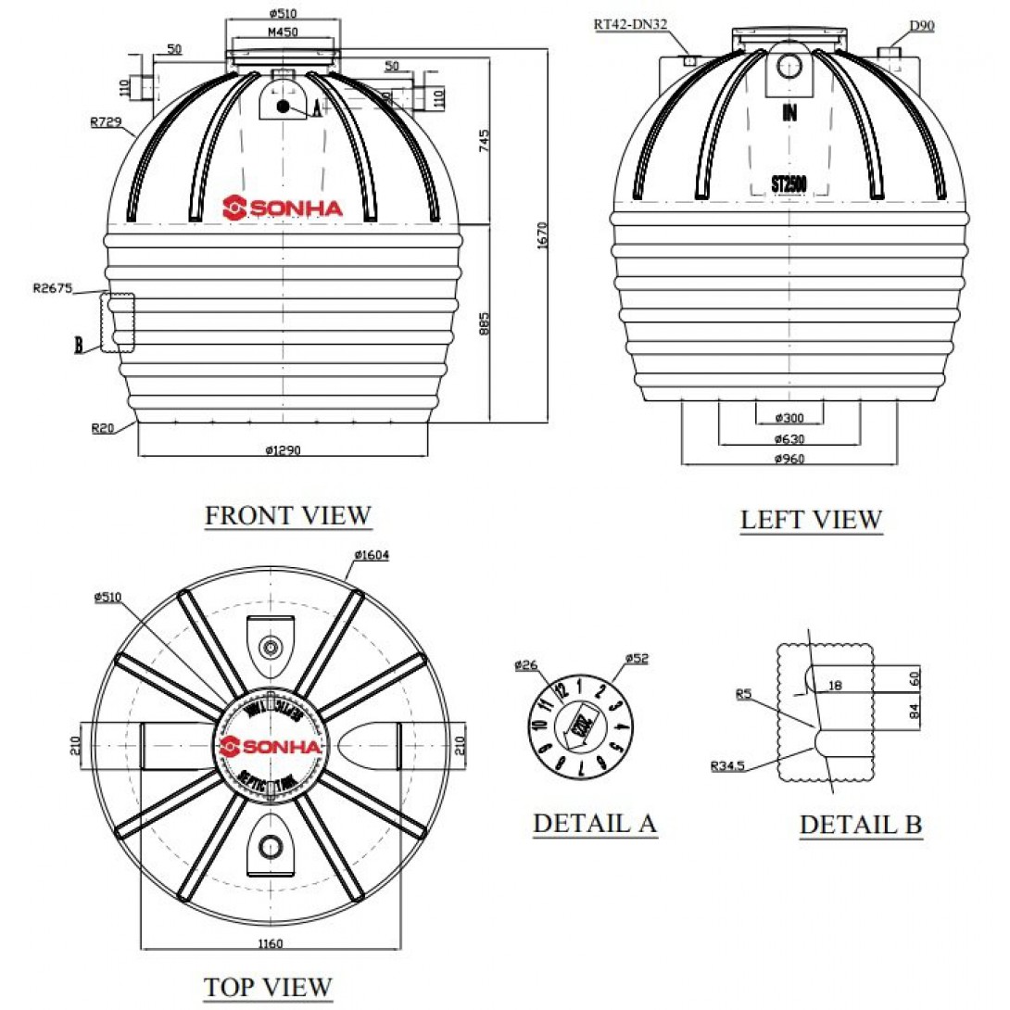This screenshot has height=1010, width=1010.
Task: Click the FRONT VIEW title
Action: click(x=287, y=515)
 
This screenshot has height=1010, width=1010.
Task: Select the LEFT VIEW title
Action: click(x=811, y=520)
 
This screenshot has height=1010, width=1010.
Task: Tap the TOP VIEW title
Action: click(x=268, y=987)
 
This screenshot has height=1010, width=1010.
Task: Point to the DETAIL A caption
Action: click(x=594, y=823)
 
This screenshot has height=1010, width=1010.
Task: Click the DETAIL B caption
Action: click(x=861, y=825)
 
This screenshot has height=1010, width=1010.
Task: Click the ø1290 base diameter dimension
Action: click(x=284, y=450)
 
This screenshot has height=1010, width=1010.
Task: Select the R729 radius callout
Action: click(x=107, y=121)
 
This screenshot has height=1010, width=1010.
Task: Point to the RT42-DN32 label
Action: click(x=632, y=25)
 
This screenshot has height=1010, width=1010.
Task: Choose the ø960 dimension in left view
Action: click(x=789, y=459)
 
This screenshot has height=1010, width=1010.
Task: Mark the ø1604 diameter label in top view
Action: click(x=371, y=555)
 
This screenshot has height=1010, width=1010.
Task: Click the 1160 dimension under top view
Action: click(x=270, y=944)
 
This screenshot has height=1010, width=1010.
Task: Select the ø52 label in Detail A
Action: click(x=636, y=659)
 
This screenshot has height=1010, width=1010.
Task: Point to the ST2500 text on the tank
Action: click(x=789, y=184)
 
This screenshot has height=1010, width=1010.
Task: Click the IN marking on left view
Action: click(x=789, y=114)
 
